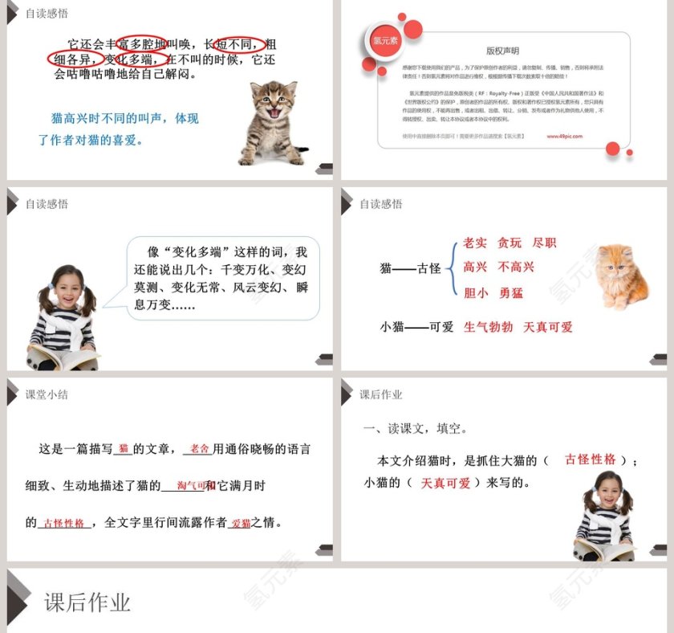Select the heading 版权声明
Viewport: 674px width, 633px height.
tap(503, 51)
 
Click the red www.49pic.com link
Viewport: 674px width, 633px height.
tap(565, 137)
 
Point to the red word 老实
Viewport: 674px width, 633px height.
tap(475, 243)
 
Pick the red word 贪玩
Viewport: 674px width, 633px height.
tap(510, 243)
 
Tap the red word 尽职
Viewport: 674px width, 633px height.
tap(544, 243)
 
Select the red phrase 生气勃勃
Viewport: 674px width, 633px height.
tap(489, 327)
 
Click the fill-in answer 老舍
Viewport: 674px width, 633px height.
tap(199, 449)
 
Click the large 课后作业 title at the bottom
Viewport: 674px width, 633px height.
tap(87, 603)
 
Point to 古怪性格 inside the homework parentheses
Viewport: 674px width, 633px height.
tap(591, 459)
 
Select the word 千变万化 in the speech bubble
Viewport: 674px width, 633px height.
tap(247, 269)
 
